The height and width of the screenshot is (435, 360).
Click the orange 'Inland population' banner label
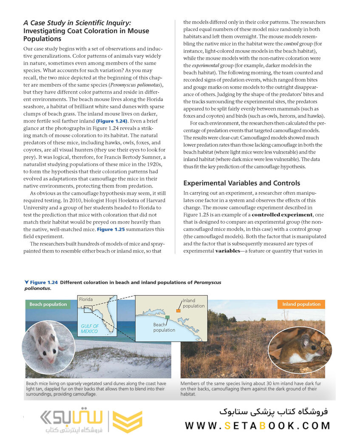tap(301, 304)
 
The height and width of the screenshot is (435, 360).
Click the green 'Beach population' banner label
tap(48, 304)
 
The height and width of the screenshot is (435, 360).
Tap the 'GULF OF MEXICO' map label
tap(89, 329)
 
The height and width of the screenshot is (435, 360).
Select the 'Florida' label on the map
tap(86, 299)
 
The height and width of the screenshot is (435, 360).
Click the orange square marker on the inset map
tap(179, 311)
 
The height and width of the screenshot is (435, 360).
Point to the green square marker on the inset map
tap(168, 317)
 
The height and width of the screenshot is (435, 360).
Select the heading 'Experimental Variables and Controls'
tap(241, 183)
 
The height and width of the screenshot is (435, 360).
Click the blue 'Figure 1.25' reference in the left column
tap(111, 229)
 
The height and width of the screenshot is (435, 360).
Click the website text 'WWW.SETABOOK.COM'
tap(257, 426)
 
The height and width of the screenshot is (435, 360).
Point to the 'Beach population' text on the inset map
tap(164, 327)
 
